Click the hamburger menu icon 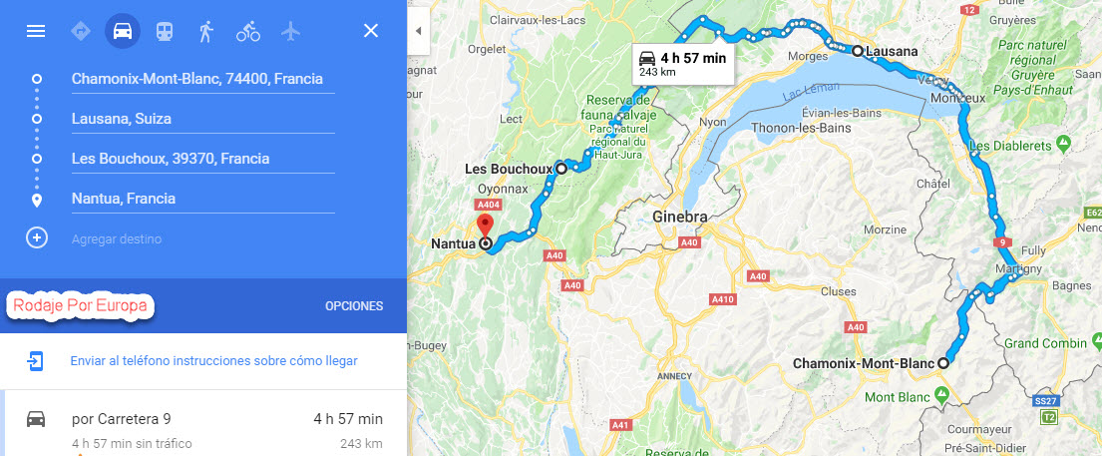point(36,31)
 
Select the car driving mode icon point(122,31)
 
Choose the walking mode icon point(205,31)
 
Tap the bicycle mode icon point(247,31)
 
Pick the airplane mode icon point(290,31)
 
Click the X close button point(371,31)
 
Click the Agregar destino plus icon point(37,238)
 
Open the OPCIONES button point(354,306)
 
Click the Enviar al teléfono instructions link point(213,360)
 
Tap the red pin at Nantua point(486,225)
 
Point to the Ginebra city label point(679,218)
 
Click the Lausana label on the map point(892,51)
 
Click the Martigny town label point(1018,269)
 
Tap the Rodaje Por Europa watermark point(81,305)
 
